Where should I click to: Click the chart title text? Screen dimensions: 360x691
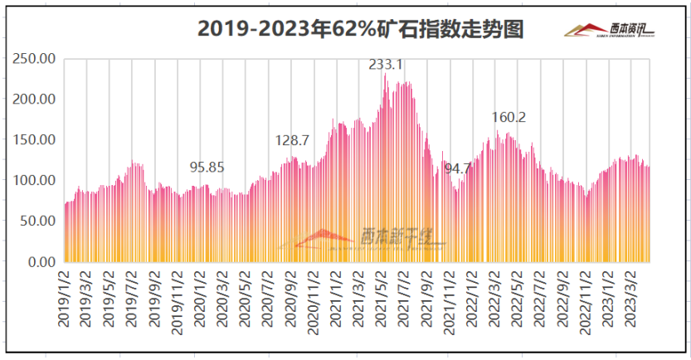[x=361, y=30]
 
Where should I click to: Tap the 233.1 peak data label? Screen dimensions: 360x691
[x=386, y=64]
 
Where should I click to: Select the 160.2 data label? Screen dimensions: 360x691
[x=509, y=117]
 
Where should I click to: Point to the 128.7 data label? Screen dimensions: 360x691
[x=292, y=141]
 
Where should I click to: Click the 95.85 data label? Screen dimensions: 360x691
[x=207, y=167]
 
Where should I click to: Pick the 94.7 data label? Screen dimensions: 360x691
[x=458, y=168]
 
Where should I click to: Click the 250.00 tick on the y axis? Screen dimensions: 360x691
[x=35, y=59]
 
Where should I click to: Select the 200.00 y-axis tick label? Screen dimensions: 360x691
[x=35, y=100]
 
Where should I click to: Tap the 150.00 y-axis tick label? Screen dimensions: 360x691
[x=35, y=140]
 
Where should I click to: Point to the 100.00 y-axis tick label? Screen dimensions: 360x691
[x=35, y=181]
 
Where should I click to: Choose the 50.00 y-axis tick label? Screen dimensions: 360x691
[x=38, y=221]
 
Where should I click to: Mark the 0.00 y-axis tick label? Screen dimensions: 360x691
[x=41, y=262]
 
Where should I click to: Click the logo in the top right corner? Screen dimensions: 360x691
[x=610, y=31]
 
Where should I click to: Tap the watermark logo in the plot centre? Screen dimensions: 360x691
[x=365, y=238]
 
